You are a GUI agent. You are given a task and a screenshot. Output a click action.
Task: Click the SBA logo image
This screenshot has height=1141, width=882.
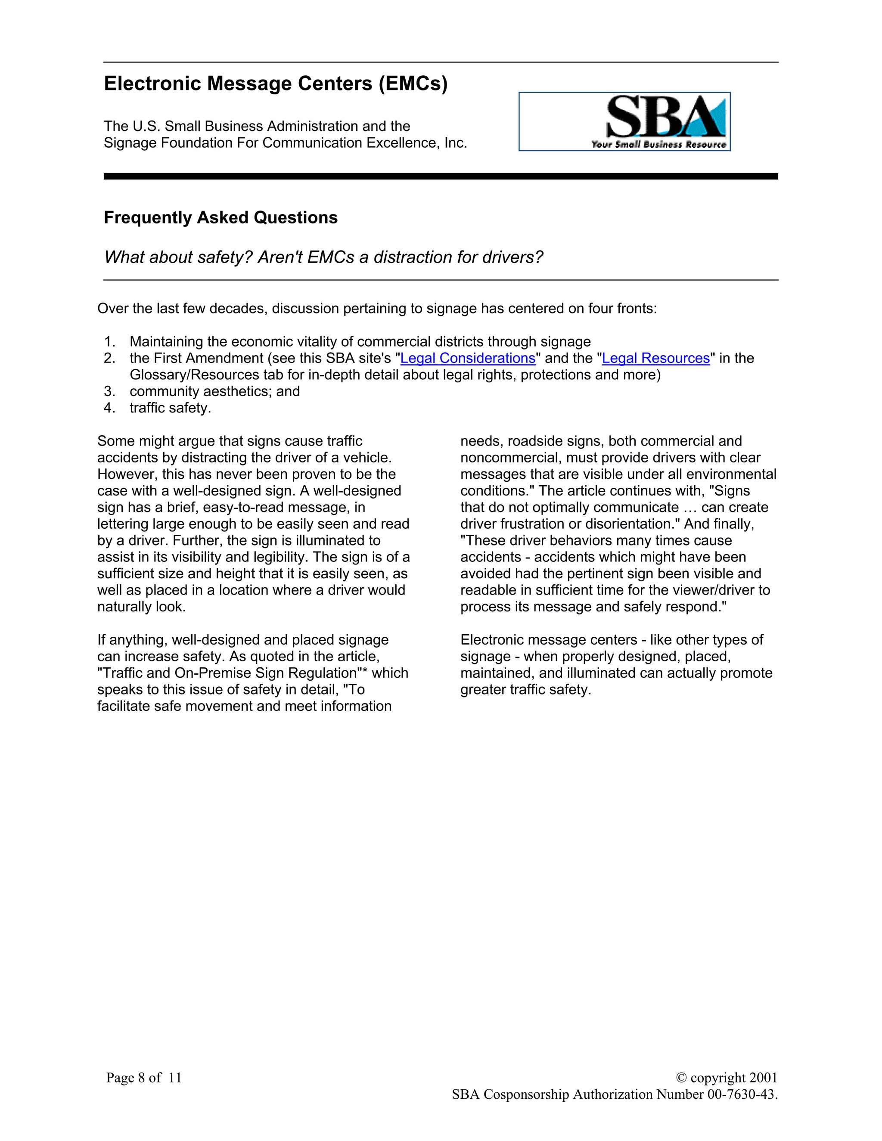[624, 121]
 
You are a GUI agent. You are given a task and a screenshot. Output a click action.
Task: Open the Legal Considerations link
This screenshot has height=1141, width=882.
[468, 358]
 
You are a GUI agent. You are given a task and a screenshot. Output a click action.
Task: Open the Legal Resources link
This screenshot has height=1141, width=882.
[656, 358]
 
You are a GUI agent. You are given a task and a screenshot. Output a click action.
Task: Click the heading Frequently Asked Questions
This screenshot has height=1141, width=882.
[220, 217]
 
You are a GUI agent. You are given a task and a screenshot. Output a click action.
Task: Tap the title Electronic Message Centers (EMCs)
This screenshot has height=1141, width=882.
[275, 84]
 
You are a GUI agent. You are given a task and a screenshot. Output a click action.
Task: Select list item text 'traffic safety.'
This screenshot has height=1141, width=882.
[171, 408]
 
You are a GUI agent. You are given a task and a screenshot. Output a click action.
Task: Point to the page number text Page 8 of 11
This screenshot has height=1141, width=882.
[144, 1077]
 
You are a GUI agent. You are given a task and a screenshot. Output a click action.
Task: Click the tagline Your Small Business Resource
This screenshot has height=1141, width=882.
[658, 144]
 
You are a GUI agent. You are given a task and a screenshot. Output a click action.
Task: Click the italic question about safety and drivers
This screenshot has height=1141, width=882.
[323, 257]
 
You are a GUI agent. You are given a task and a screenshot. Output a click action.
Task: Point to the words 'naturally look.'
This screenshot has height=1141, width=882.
[142, 607]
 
